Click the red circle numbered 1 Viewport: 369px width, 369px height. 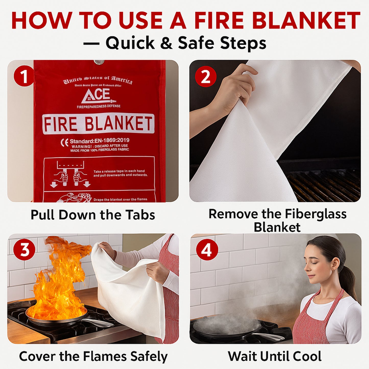[24, 76]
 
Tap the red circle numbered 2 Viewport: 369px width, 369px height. [206, 76]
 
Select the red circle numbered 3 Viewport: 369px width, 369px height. [24, 249]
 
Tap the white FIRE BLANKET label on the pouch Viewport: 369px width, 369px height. [98, 124]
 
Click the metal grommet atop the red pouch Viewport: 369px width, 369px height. [99, 62]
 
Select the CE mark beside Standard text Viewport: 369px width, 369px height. [65, 142]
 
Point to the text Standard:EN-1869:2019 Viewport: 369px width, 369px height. [100, 140]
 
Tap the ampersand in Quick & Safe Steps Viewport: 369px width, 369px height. [166, 43]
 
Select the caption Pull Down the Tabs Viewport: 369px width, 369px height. [93, 215]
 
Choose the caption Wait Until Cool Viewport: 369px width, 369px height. [275, 356]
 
